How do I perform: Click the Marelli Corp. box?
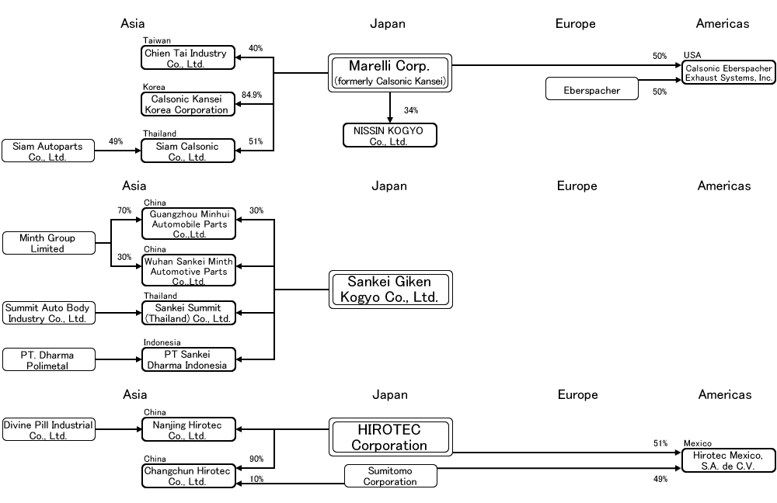pos(389,73)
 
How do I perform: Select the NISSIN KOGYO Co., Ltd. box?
pos(389,135)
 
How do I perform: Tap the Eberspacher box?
pos(592,89)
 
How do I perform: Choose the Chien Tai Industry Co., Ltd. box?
pos(188,57)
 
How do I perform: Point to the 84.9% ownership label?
pos(252,95)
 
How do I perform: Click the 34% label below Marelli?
pos(411,109)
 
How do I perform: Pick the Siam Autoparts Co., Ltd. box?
pos(48,151)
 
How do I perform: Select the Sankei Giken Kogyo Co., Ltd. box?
pos(389,290)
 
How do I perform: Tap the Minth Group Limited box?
pos(48,243)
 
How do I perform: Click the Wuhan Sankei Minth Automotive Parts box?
pos(188,271)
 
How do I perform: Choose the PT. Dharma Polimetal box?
pos(48,359)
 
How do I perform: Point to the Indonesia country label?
pos(162,342)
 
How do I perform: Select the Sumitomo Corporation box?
pos(390,476)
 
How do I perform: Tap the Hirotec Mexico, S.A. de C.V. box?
pos(728,460)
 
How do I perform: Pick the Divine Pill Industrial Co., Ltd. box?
pos(48,429)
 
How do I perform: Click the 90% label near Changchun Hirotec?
pos(256,459)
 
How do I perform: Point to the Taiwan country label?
pos(157,40)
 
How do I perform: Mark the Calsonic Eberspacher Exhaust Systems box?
pos(728,73)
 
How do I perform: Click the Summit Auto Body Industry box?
pos(48,313)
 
